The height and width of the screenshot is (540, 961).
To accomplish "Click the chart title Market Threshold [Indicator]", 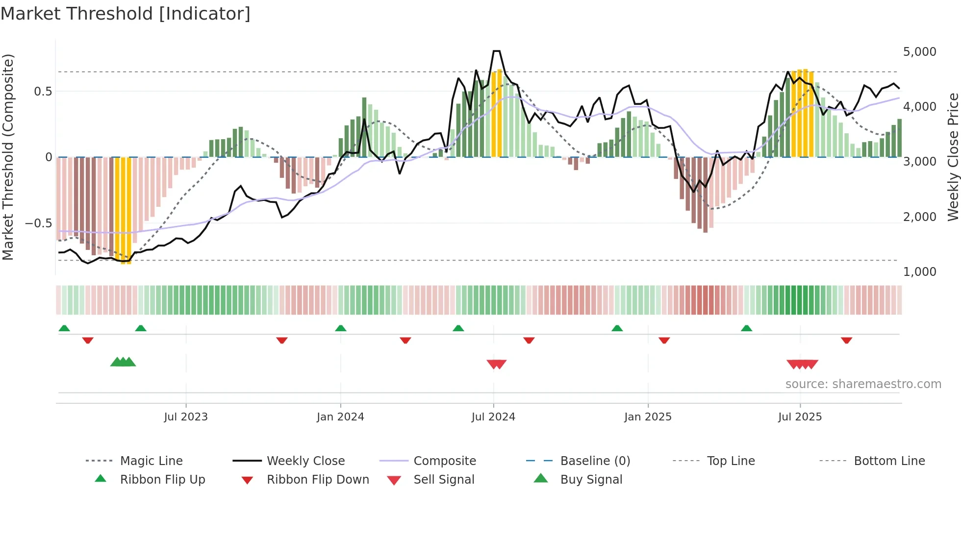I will (126, 14).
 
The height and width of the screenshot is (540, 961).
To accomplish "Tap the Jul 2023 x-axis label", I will (186, 417).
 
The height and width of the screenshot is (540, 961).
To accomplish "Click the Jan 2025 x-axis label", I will (648, 417).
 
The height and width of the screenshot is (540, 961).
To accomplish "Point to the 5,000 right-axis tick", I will (919, 52).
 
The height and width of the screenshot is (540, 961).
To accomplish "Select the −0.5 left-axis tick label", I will (39, 223).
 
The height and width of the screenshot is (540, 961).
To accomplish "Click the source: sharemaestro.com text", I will (863, 384).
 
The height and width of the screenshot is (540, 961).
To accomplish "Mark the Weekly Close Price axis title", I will (953, 157).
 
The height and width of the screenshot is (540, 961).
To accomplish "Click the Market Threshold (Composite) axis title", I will (8, 157).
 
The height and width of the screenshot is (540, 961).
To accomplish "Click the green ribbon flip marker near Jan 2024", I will (341, 328).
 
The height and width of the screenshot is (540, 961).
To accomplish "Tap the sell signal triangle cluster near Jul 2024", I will (496, 364).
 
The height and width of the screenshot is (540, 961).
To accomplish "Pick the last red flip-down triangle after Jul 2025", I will (846, 340).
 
